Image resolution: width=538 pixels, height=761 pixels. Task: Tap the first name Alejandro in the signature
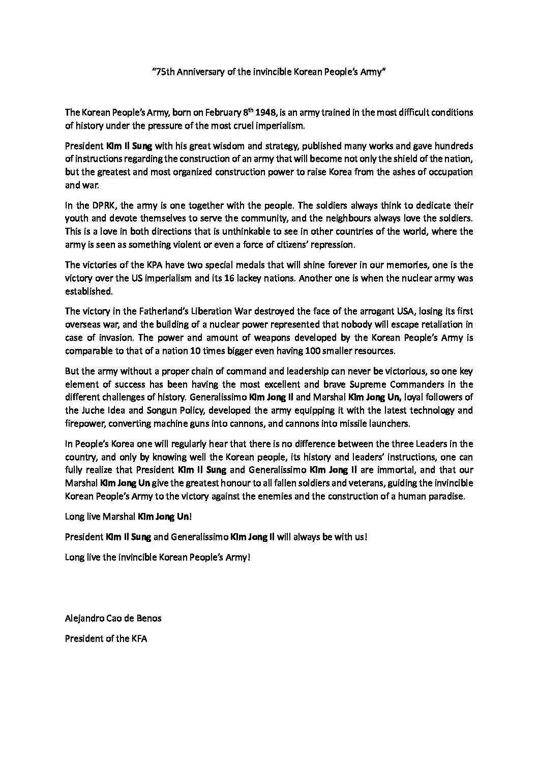tap(84, 619)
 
